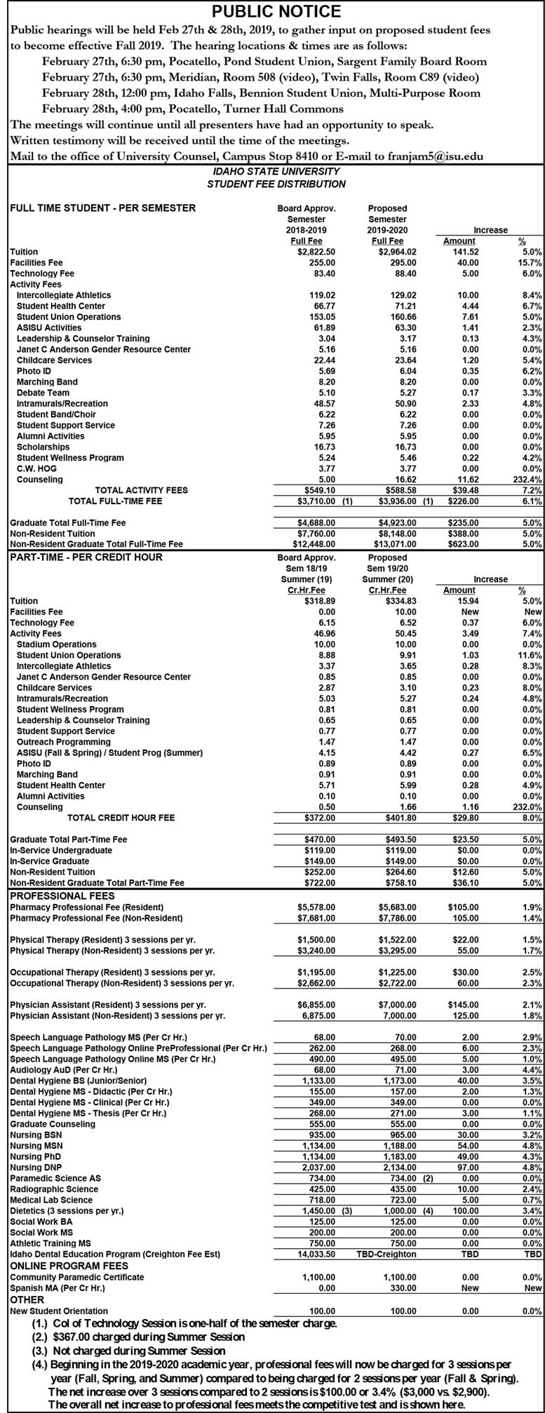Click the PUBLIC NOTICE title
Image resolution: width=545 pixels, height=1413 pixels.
[276, 11]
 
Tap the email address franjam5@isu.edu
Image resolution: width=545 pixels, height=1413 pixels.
[436, 156]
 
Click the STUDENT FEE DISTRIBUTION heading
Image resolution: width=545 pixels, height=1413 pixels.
[276, 184]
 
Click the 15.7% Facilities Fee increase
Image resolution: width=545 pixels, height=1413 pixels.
[532, 262]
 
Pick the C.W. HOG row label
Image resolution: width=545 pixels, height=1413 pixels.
[36, 468]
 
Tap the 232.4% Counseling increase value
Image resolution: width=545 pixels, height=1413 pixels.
[527, 480]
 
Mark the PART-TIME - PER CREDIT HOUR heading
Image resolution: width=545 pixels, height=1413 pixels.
[86, 557]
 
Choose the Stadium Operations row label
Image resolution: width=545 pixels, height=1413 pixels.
[57, 644]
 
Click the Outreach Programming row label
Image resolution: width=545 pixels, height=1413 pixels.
[63, 742]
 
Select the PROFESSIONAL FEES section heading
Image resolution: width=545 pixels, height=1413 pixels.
[62, 895]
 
